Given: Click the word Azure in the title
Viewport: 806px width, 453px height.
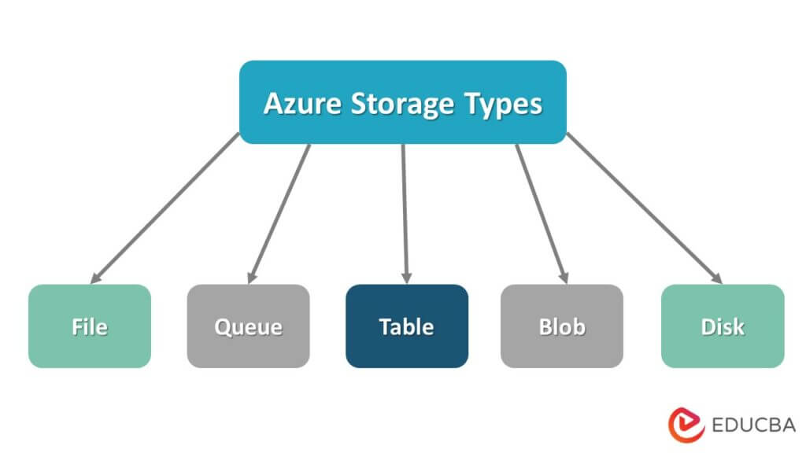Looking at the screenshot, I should click(x=295, y=103).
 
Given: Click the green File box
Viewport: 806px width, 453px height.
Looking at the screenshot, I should click(x=90, y=326).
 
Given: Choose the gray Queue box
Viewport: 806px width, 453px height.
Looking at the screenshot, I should click(x=248, y=326).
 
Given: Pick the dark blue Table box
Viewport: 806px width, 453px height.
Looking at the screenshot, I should click(x=406, y=326).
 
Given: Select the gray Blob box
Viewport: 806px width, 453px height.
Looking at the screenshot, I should click(x=562, y=326).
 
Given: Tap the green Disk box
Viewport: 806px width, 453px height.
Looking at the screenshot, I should click(x=723, y=326).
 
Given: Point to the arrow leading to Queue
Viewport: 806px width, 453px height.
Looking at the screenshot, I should click(x=279, y=211).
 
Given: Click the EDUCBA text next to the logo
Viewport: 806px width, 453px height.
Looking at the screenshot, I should click(x=752, y=425).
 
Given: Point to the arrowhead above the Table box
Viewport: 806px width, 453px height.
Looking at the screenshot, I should click(x=406, y=276).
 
